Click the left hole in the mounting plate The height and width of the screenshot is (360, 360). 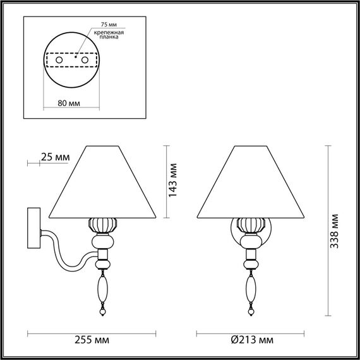pos(59,59)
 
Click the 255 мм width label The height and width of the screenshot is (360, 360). pos(90,340)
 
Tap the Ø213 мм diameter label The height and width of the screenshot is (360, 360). pos(252,340)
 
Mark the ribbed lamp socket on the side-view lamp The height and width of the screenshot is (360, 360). pos(101,225)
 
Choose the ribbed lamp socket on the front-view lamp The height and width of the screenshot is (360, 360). pos(252,225)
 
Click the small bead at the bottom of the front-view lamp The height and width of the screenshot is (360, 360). pos(252,312)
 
